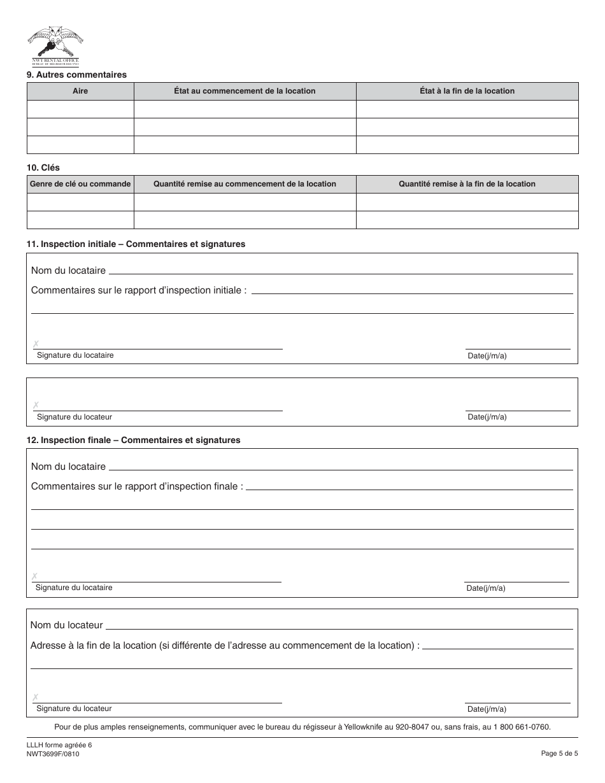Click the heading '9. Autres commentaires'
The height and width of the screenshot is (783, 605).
point(76,74)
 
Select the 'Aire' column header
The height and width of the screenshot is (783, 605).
point(80,91)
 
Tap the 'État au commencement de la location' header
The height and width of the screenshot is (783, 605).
point(245,91)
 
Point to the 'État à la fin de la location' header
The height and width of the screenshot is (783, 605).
point(467,91)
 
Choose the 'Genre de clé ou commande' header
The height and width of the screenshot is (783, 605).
point(80,184)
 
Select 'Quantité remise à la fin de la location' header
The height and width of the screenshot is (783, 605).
point(467,184)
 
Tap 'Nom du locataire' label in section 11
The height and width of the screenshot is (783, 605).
point(68,271)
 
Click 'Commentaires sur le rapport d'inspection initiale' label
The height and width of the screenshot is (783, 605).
point(139,290)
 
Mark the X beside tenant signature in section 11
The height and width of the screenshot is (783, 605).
point(36,344)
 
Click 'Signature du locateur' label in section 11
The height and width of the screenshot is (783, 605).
point(75,417)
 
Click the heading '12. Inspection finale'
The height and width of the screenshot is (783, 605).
point(133,440)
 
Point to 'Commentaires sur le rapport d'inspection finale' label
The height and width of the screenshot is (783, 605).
point(137,486)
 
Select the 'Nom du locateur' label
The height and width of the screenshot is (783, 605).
point(66,626)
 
